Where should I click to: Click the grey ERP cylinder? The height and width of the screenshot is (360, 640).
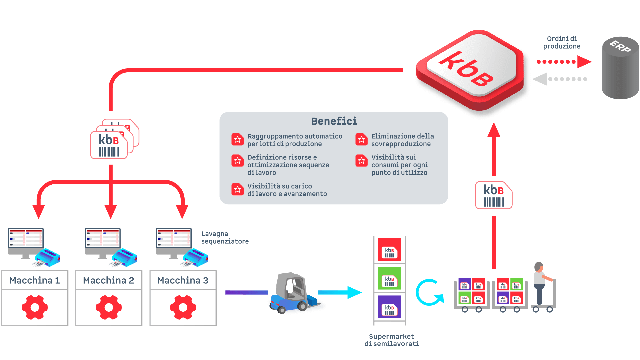pyautogui.click(x=620, y=68)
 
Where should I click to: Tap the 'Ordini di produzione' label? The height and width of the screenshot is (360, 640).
pyautogui.click(x=562, y=42)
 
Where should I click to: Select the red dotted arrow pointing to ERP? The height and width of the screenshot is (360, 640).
pyautogui.click(x=563, y=62)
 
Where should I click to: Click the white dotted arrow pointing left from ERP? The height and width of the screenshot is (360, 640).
pyautogui.click(x=560, y=79)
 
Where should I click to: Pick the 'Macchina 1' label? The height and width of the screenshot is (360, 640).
pyautogui.click(x=35, y=280)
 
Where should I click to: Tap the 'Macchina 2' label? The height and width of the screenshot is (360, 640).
pyautogui.click(x=109, y=280)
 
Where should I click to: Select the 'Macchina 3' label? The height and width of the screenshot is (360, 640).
pyautogui.click(x=183, y=280)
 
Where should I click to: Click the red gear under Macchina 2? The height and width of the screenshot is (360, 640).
pyautogui.click(x=109, y=307)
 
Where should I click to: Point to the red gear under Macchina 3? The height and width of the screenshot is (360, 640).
pyautogui.click(x=183, y=307)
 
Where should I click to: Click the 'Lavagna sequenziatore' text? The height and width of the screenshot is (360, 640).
pyautogui.click(x=225, y=237)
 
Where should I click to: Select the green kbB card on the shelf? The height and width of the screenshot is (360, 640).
pyautogui.click(x=389, y=278)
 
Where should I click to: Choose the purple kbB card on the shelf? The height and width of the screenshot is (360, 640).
pyautogui.click(x=389, y=307)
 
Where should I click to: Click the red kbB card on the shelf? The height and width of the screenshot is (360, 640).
pyautogui.click(x=389, y=250)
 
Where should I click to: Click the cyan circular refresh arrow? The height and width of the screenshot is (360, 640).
pyautogui.click(x=429, y=292)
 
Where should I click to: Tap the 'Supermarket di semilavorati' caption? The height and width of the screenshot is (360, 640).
pyautogui.click(x=392, y=340)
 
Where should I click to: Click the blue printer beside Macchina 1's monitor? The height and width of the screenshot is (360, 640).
pyautogui.click(x=48, y=257)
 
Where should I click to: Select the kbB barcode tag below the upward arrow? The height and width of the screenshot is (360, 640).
pyautogui.click(x=494, y=195)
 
